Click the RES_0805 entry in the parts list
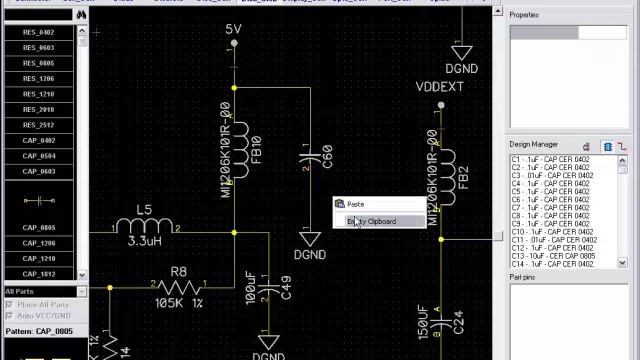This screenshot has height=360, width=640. [x=39, y=63]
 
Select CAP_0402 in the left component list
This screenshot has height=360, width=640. [x=39, y=141]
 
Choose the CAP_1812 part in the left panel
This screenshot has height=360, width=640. [x=39, y=274]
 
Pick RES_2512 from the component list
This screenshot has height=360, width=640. [x=39, y=125]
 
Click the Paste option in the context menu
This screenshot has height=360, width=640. [x=356, y=205]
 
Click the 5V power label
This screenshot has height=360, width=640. [x=233, y=30]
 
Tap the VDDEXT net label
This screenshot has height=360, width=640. [x=440, y=88]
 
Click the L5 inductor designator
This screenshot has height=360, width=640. [x=144, y=210]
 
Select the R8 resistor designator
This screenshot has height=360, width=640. [x=178, y=271]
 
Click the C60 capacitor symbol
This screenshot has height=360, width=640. [x=318, y=157]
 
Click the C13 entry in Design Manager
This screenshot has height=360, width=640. [x=555, y=256]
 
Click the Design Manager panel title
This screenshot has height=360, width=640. [x=534, y=144]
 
